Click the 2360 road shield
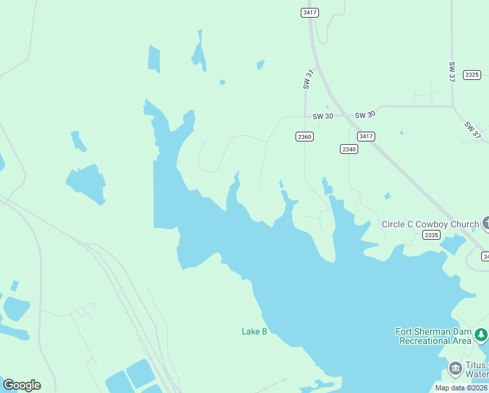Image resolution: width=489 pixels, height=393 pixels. [x=305, y=136]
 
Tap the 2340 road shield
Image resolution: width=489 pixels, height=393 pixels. [x=349, y=149]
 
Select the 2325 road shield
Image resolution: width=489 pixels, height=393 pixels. [x=472, y=75]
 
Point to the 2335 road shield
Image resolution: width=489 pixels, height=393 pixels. [x=431, y=235]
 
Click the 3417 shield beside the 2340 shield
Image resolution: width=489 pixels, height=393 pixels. [x=366, y=136]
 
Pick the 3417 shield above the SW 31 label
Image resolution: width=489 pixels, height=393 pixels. [x=310, y=12]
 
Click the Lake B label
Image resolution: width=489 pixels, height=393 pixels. [x=254, y=331]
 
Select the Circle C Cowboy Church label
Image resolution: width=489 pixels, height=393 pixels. [x=430, y=224]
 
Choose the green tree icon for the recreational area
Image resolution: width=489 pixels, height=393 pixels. [x=481, y=335]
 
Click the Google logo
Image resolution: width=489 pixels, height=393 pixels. [x=22, y=385]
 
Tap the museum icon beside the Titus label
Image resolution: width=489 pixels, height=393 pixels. [x=455, y=369]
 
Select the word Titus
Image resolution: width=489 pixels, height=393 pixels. [x=477, y=365]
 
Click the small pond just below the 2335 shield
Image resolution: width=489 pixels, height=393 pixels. [x=452, y=245]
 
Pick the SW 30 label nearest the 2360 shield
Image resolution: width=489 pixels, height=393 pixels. [x=323, y=116]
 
